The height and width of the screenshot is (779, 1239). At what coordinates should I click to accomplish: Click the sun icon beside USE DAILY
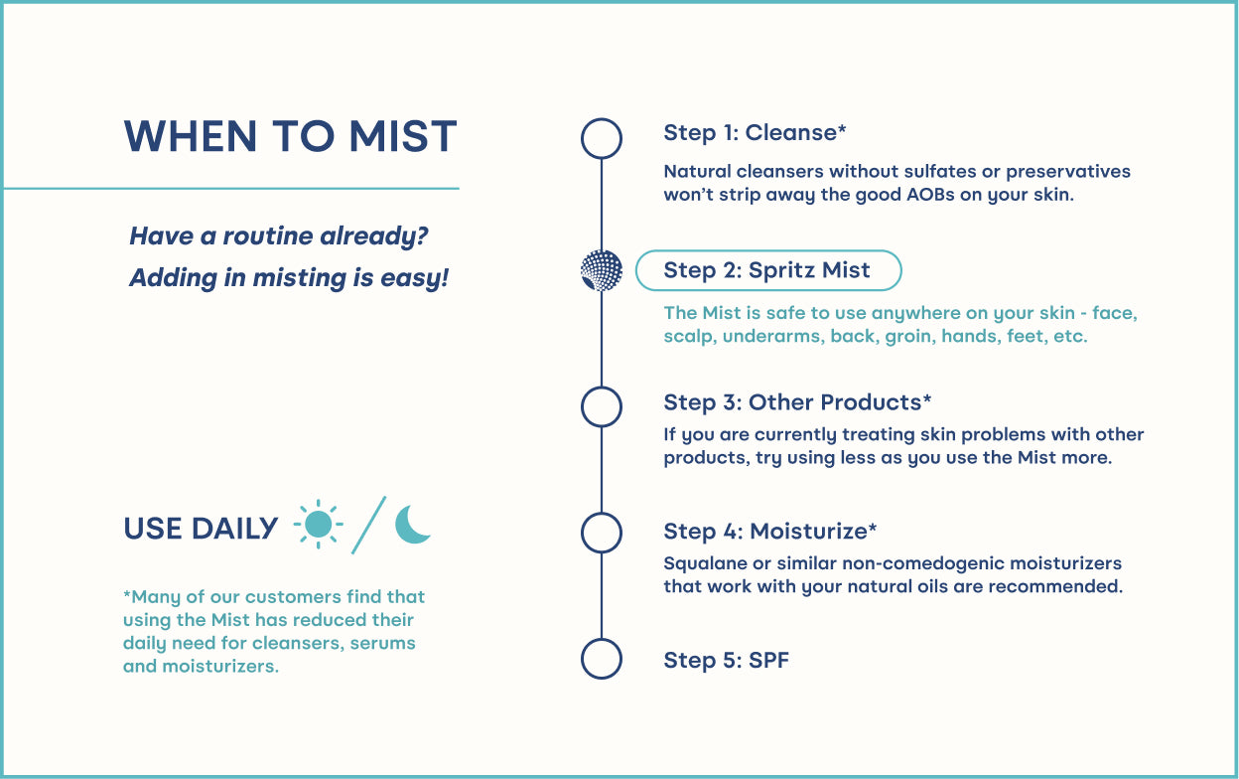(318, 524)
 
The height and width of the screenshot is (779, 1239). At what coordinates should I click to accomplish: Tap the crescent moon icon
(410, 525)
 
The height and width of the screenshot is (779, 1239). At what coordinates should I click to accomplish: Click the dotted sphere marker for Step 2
(602, 270)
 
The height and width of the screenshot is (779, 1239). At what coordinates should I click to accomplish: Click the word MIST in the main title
(403, 136)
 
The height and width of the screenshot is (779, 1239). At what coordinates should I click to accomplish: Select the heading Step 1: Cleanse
(755, 133)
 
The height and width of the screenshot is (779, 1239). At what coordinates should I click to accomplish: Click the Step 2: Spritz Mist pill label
(768, 270)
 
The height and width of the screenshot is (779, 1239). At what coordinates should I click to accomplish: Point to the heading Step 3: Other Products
(797, 402)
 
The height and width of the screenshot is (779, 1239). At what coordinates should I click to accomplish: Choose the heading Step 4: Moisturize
(770, 532)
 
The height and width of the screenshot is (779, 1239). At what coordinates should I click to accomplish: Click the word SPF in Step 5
(768, 660)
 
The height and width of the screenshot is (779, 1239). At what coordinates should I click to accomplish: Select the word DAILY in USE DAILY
(234, 529)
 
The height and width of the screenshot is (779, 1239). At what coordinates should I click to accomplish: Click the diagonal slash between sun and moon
(369, 525)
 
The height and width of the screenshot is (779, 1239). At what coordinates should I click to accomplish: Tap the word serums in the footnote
(383, 643)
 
